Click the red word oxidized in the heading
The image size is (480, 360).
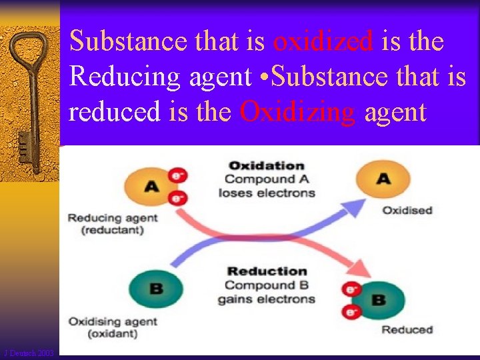pos(323,41)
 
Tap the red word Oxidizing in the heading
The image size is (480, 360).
pos(297,111)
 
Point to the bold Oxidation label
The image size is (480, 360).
pos(266,165)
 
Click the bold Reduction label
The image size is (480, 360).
pos(267,271)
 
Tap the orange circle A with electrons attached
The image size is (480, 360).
pos(152,186)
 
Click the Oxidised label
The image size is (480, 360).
pos(407,211)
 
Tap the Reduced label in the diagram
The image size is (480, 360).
pos(407,329)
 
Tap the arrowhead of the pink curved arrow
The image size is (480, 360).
pos(360,270)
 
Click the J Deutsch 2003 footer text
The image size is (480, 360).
pos(29,353)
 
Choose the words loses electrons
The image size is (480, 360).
pos(266,193)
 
